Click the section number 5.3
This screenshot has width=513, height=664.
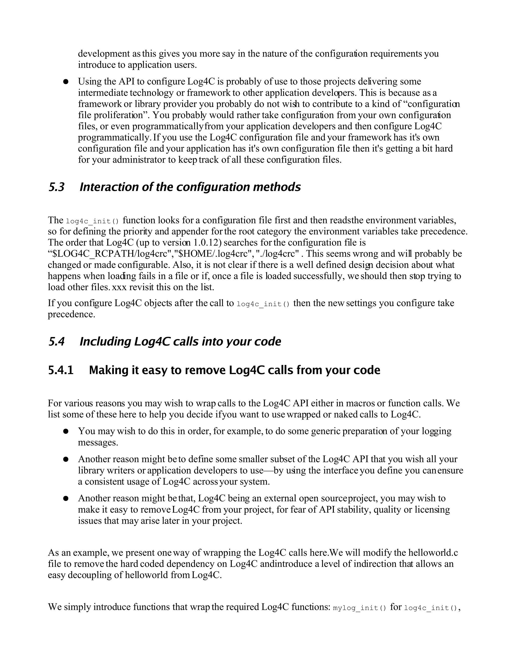click(57, 187)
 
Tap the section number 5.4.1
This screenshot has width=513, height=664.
click(61, 370)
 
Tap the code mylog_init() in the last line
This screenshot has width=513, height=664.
click(359, 608)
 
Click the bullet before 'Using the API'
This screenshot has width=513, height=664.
click(66, 82)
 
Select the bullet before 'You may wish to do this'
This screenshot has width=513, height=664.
click(66, 431)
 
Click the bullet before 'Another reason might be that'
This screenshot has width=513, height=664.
click(66, 499)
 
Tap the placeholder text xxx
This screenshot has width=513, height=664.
click(119, 287)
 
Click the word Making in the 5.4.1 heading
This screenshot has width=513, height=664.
click(107, 370)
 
